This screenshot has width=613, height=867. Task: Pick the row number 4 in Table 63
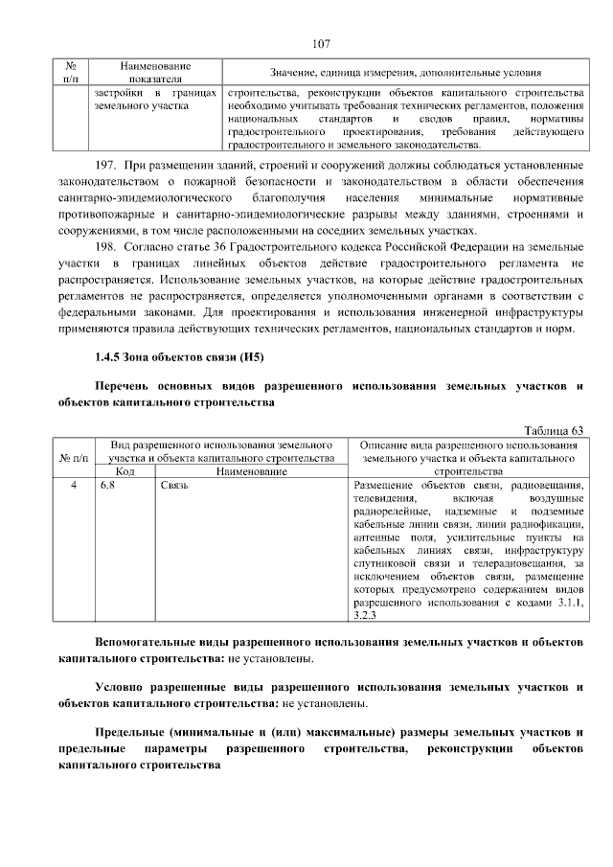coord(74,486)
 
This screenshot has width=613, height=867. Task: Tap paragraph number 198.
coord(105,247)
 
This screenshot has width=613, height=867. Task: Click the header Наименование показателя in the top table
coord(155,72)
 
